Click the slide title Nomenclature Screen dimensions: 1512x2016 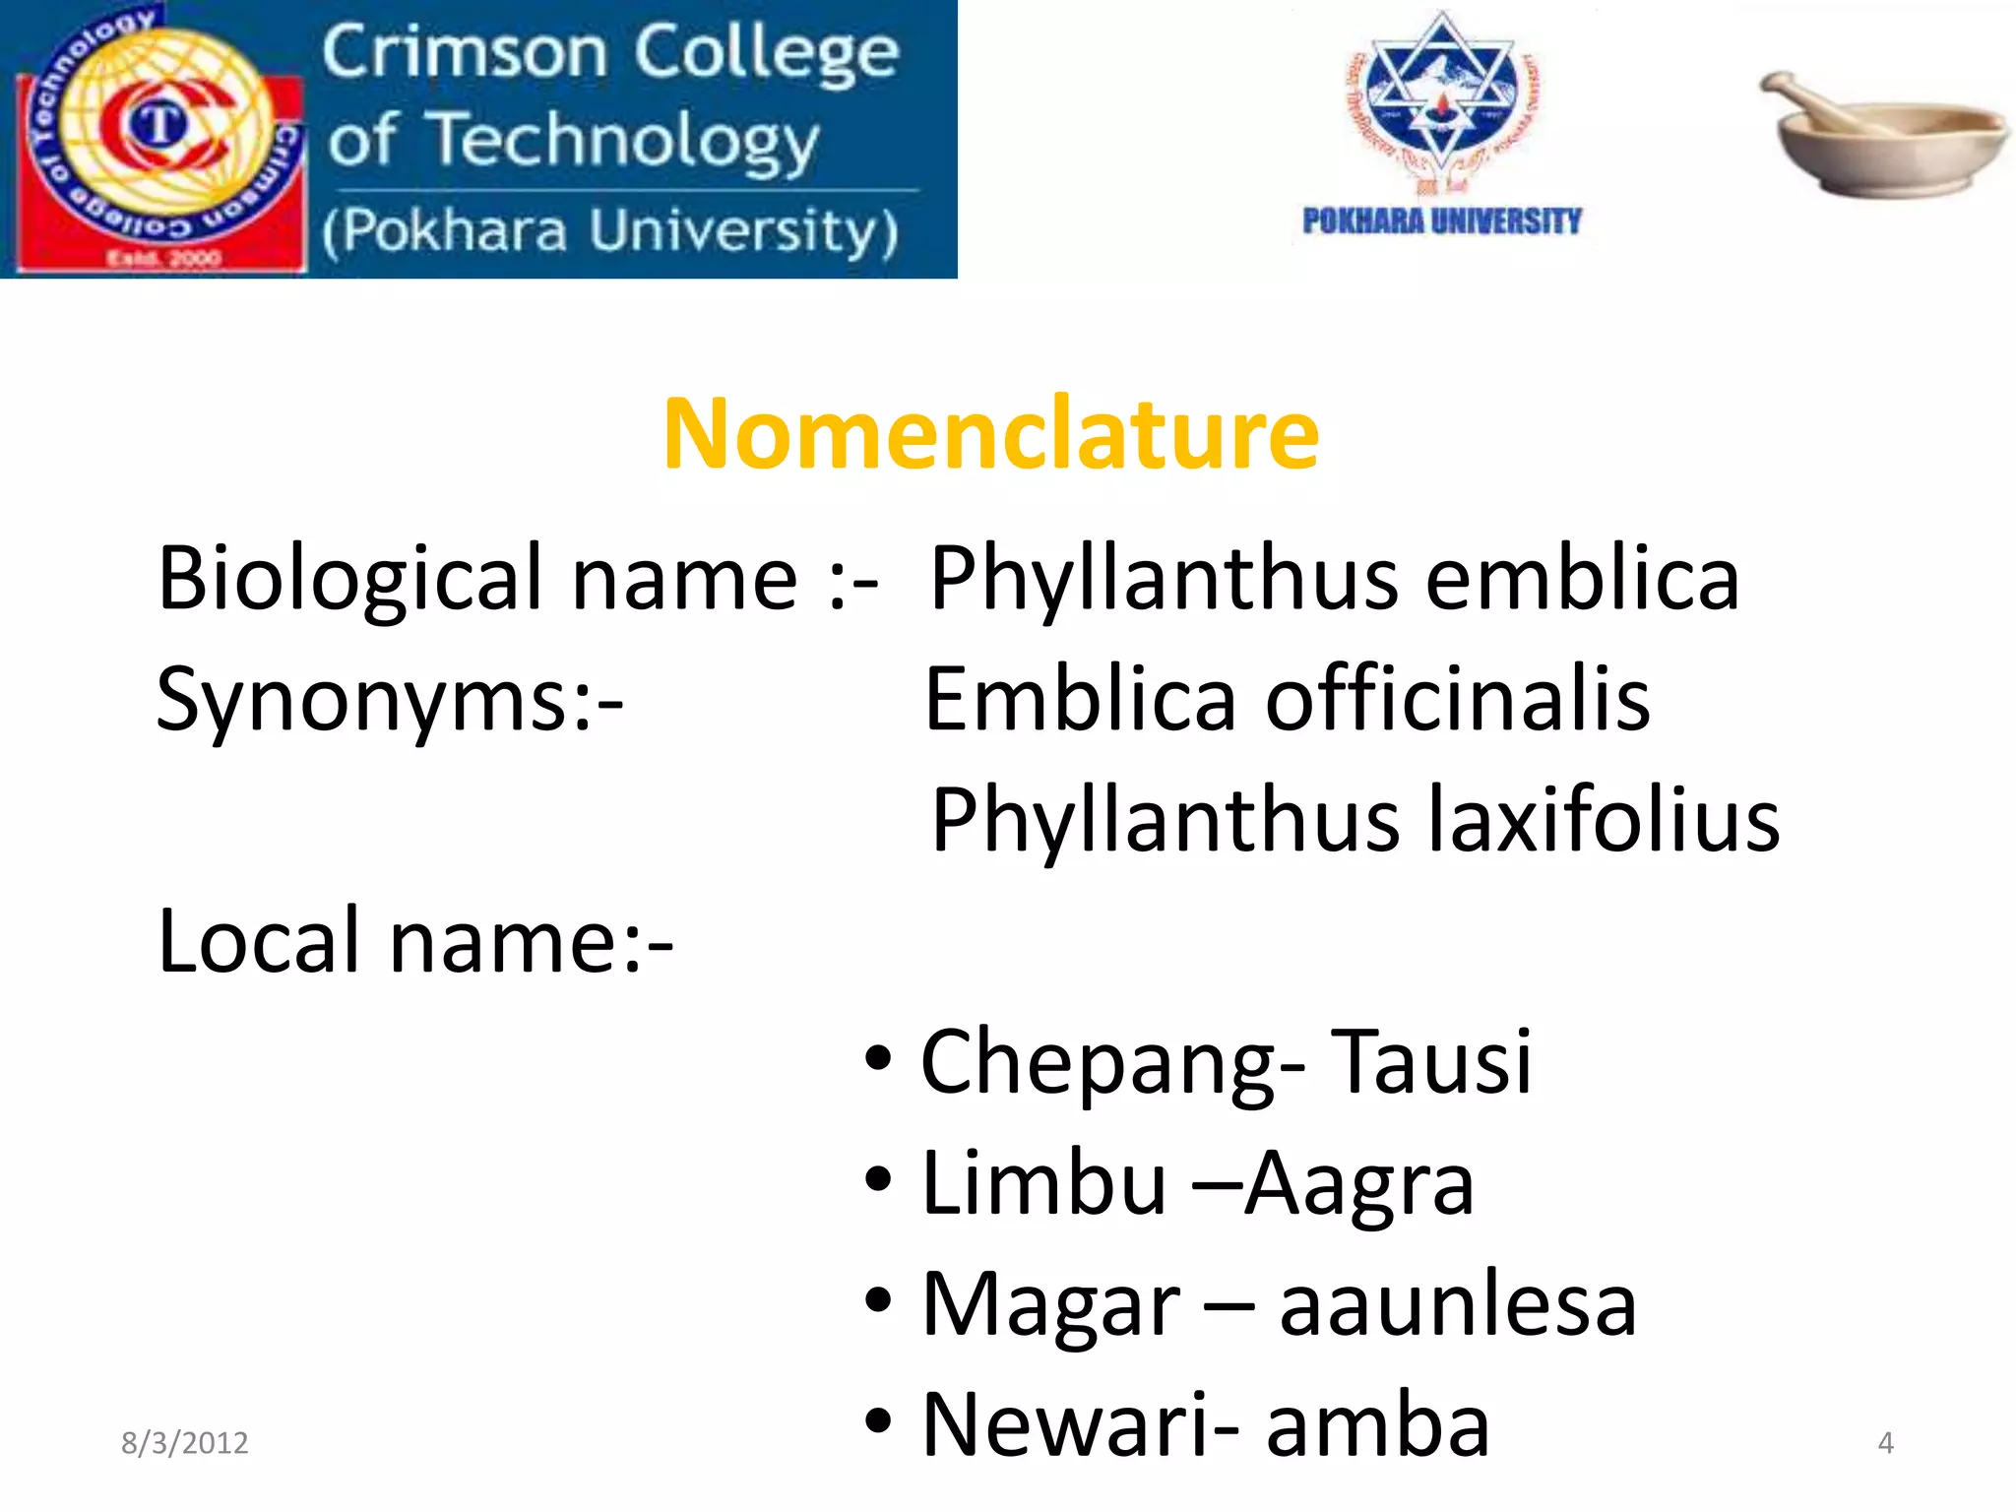pyautogui.click(x=990, y=434)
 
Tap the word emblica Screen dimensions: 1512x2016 pyautogui.click(x=1582, y=579)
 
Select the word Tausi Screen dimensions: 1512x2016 pyautogui.click(x=1431, y=1062)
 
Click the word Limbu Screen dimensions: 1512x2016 pyautogui.click(x=1044, y=1183)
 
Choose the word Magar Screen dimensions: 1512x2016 pyautogui.click(x=1050, y=1306)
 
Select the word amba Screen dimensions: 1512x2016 pyautogui.click(x=1377, y=1426)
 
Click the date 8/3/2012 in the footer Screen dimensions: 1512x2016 pyautogui.click(x=184, y=1443)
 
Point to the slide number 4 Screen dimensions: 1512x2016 pyautogui.click(x=1885, y=1443)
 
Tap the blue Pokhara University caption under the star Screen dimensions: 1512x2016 pyautogui.click(x=1441, y=221)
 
